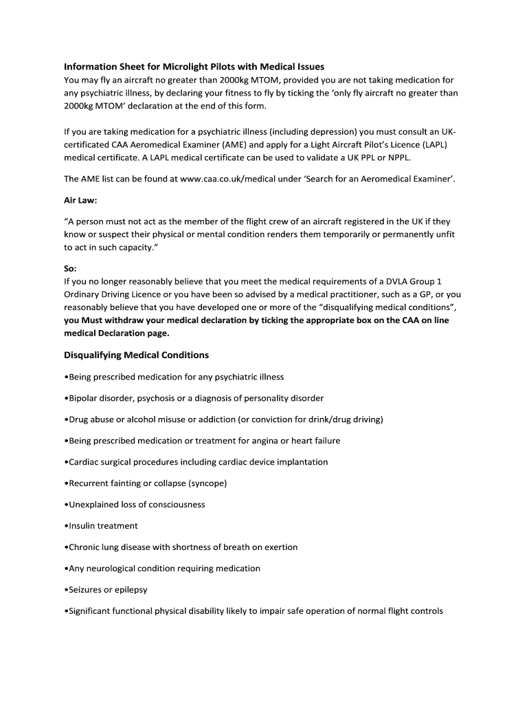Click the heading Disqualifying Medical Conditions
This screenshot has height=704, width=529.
[136, 355]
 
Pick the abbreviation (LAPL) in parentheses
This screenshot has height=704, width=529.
[435, 146]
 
